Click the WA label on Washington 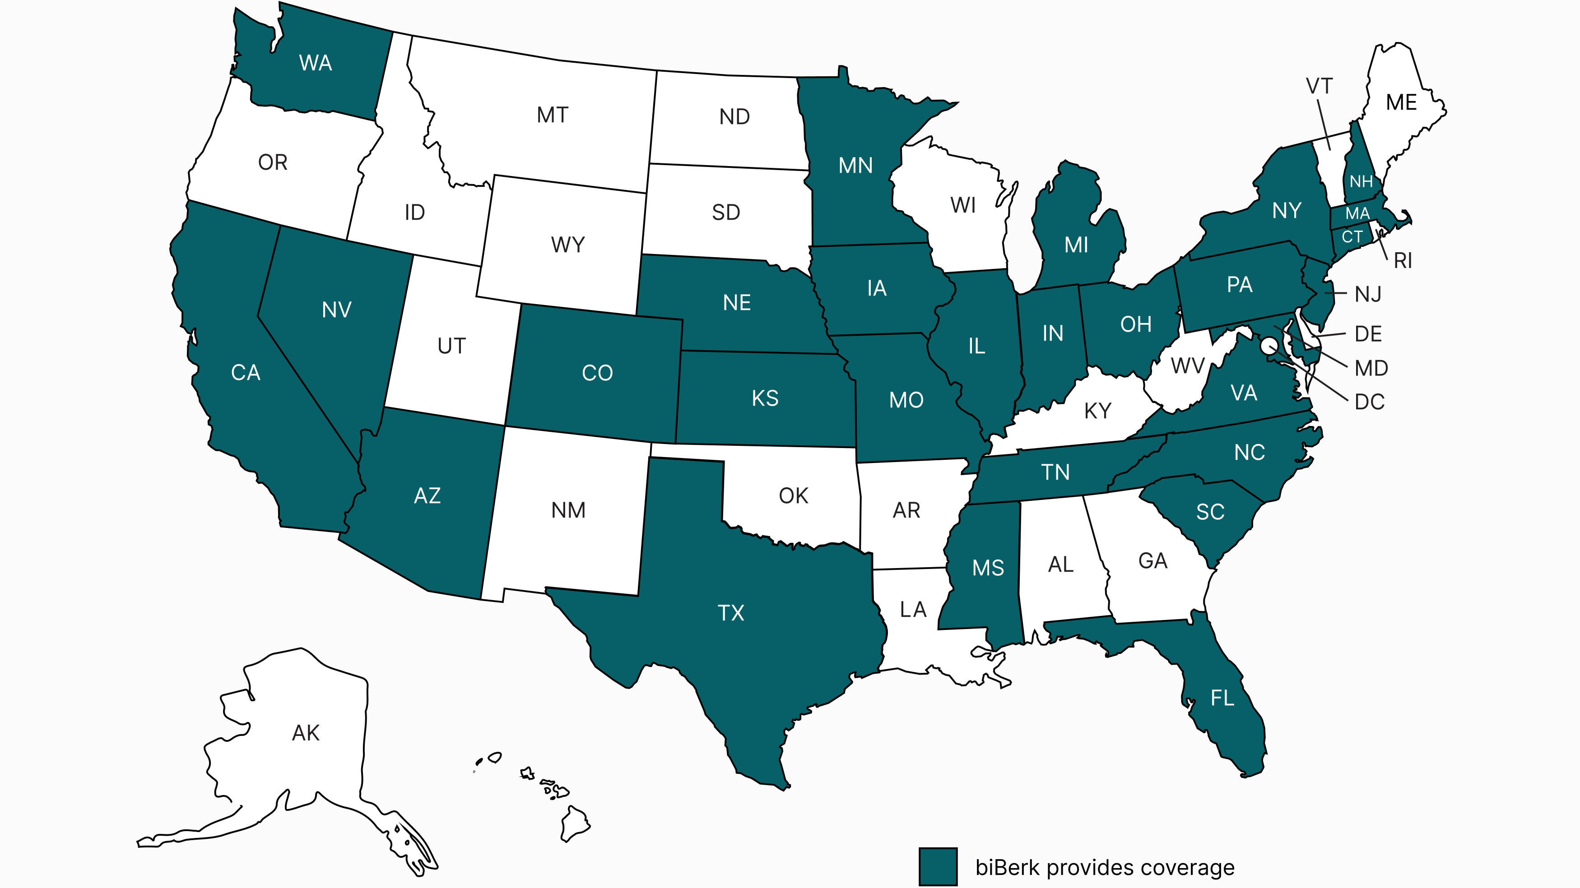[x=315, y=63]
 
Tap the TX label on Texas [x=730, y=613]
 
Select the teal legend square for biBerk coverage [x=938, y=866]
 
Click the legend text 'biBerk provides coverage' [x=1105, y=867]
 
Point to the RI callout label [x=1403, y=261]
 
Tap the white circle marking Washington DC [x=1269, y=346]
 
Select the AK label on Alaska [x=306, y=733]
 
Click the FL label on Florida [x=1222, y=698]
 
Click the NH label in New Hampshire [x=1361, y=181]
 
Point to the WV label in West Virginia [x=1187, y=366]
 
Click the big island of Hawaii [x=575, y=823]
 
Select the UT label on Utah [x=451, y=346]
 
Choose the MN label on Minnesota [x=855, y=166]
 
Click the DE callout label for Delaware [x=1368, y=334]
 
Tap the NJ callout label [x=1368, y=294]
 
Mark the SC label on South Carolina [x=1209, y=512]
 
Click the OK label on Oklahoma [x=793, y=495]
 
